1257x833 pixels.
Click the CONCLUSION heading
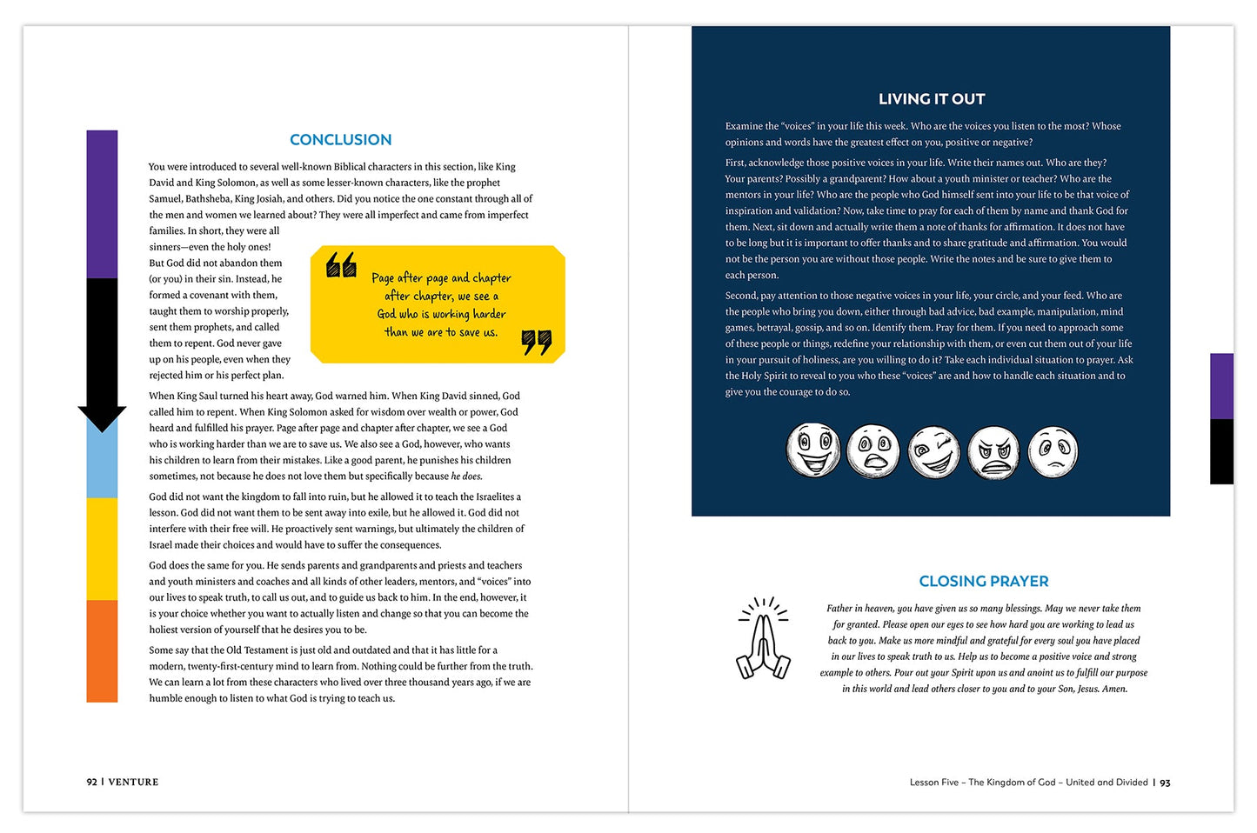tap(340, 140)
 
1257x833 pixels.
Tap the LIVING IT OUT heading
tap(932, 99)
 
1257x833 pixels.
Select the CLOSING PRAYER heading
tap(983, 582)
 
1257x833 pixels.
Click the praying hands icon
tap(763, 639)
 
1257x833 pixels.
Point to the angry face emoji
tap(993, 451)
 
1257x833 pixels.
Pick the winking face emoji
tap(933, 451)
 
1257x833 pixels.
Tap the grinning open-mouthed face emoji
tap(813, 450)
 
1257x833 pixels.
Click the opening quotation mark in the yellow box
tap(341, 264)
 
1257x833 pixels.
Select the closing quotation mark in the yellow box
tap(537, 342)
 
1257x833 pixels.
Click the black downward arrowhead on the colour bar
tap(102, 418)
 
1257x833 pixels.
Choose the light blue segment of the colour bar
tap(102, 465)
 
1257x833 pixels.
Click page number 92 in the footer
tap(91, 783)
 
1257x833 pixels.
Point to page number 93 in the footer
tap(1165, 783)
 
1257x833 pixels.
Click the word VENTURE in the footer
tap(133, 783)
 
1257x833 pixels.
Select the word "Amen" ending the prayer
tap(1114, 690)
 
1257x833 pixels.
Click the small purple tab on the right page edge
tap(1221, 386)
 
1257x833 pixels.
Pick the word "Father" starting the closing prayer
tap(839, 609)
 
